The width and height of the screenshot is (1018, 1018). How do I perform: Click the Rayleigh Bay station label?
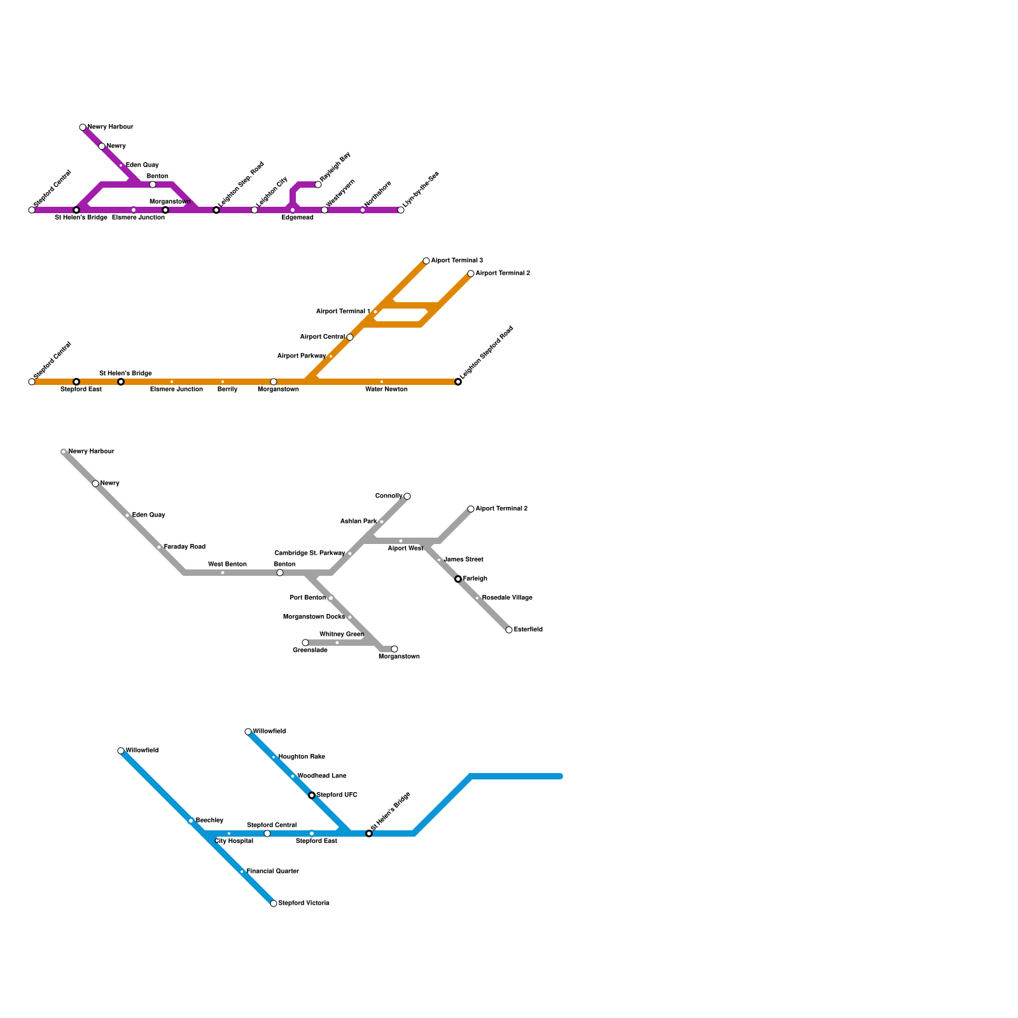click(335, 167)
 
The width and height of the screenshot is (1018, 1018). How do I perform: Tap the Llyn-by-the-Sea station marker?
click(401, 210)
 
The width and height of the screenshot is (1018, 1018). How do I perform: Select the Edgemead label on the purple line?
click(297, 218)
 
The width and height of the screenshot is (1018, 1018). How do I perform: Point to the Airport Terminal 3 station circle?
click(426, 261)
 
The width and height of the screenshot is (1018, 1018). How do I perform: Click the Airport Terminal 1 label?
click(343, 312)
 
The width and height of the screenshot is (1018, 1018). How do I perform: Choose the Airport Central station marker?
click(350, 337)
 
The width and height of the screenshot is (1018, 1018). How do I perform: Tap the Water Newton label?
click(386, 389)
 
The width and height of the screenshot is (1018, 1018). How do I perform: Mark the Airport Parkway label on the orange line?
click(302, 356)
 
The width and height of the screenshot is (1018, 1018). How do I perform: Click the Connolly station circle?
click(407, 496)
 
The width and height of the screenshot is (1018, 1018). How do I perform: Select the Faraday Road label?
click(185, 547)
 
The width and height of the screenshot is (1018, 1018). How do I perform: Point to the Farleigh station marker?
click(458, 579)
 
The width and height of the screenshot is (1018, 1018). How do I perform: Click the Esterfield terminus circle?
click(509, 630)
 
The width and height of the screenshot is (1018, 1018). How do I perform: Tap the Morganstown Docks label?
click(314, 617)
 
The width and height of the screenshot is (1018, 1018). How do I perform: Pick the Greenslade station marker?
click(305, 643)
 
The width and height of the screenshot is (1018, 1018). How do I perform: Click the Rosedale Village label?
click(507, 598)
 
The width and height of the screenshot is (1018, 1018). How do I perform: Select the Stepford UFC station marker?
click(312, 795)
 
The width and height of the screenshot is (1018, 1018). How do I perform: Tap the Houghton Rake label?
click(302, 757)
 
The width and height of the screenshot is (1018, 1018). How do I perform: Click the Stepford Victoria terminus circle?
click(274, 903)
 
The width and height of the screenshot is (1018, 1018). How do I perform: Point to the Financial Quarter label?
click(272, 872)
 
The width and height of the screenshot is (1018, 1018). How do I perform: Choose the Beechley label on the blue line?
click(209, 821)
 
